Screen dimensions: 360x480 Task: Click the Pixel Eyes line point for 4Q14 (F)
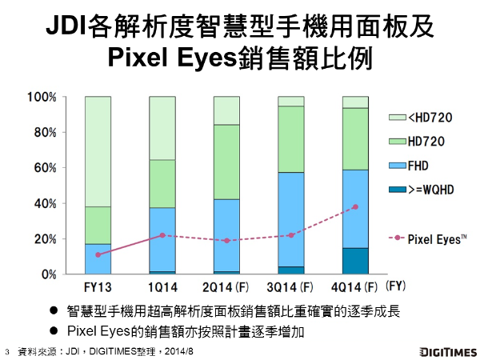coord(355,207)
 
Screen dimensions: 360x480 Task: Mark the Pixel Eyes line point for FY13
coord(98,254)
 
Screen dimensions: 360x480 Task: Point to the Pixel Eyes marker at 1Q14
coord(162,235)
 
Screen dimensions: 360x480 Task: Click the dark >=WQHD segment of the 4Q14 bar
coord(355,261)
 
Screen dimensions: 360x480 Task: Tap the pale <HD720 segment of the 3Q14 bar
coord(290,101)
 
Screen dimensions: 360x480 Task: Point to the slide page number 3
coord(6,351)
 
